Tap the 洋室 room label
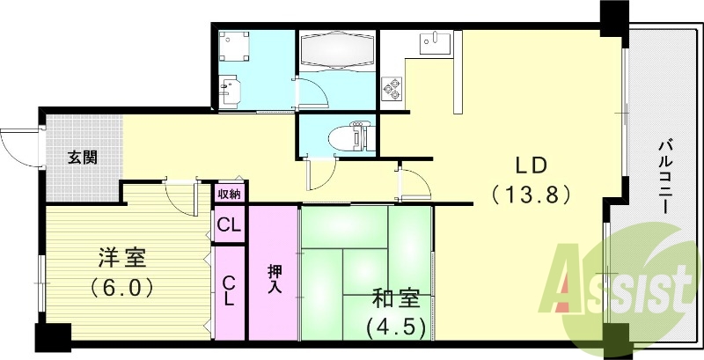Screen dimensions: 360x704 tap(122, 260)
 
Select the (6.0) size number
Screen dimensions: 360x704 tap(122, 287)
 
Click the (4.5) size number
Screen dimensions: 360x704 tap(396, 327)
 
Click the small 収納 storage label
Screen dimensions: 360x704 tap(230, 193)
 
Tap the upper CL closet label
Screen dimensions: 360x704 tap(230, 225)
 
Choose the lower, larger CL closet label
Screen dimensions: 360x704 tap(229, 290)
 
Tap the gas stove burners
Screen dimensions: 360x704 tap(390, 89)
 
